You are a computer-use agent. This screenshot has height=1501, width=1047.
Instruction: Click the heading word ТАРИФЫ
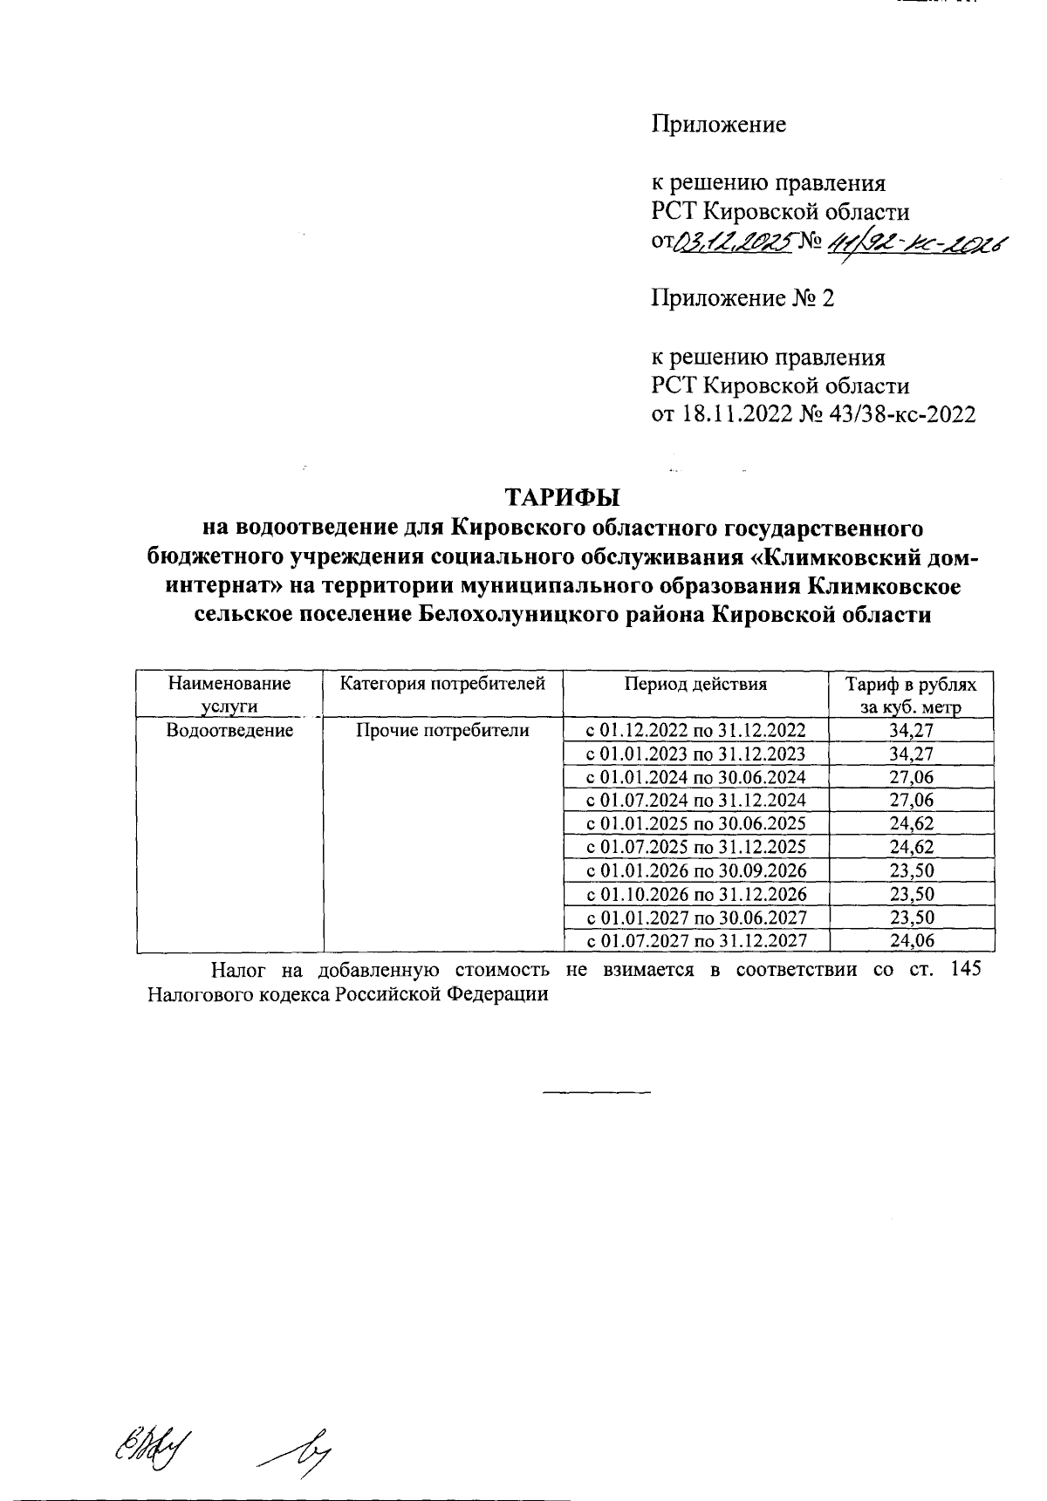tap(562, 498)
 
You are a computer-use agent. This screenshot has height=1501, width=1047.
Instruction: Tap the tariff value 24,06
tap(912, 940)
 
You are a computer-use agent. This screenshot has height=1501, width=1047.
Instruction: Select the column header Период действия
tap(695, 684)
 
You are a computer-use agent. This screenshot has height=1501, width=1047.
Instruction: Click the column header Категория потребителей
tap(442, 684)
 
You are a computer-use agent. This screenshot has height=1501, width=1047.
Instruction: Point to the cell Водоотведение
tap(229, 730)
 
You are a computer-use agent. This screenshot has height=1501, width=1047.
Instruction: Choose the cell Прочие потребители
tap(442, 730)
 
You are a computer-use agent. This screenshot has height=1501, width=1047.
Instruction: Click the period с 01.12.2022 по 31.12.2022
tap(695, 730)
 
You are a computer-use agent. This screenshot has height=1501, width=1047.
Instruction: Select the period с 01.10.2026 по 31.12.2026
tap(695, 894)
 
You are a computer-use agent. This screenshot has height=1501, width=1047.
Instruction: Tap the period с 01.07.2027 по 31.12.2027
tap(695, 940)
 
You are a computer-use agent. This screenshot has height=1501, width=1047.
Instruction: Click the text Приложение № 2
tap(742, 299)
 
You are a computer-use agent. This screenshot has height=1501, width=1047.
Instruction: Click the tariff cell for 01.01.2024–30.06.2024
tap(912, 777)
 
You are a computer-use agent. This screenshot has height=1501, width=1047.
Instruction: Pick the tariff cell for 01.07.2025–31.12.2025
tap(912, 847)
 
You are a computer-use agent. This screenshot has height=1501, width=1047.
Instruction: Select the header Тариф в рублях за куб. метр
tap(912, 695)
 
